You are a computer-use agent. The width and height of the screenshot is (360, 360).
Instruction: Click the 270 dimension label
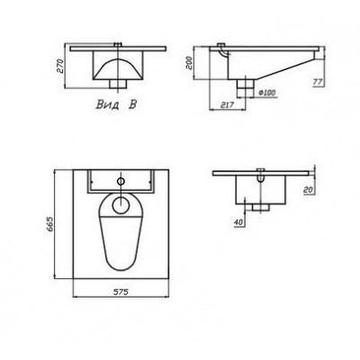click(x=60, y=67)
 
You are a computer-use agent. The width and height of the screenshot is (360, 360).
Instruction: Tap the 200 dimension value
click(x=189, y=63)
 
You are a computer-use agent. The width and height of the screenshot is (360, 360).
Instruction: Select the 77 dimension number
click(x=317, y=82)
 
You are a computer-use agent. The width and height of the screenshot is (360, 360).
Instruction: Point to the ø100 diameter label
click(x=266, y=93)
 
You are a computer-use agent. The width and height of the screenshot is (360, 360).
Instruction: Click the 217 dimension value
click(x=227, y=105)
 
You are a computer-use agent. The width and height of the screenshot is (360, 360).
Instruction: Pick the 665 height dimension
click(x=49, y=224)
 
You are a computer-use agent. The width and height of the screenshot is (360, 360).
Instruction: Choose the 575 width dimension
click(x=121, y=292)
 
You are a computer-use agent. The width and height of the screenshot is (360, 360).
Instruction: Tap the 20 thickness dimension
click(x=308, y=190)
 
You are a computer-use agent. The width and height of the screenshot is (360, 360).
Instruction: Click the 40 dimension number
click(x=238, y=222)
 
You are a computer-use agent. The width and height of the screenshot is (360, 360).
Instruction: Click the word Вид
click(x=107, y=104)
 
